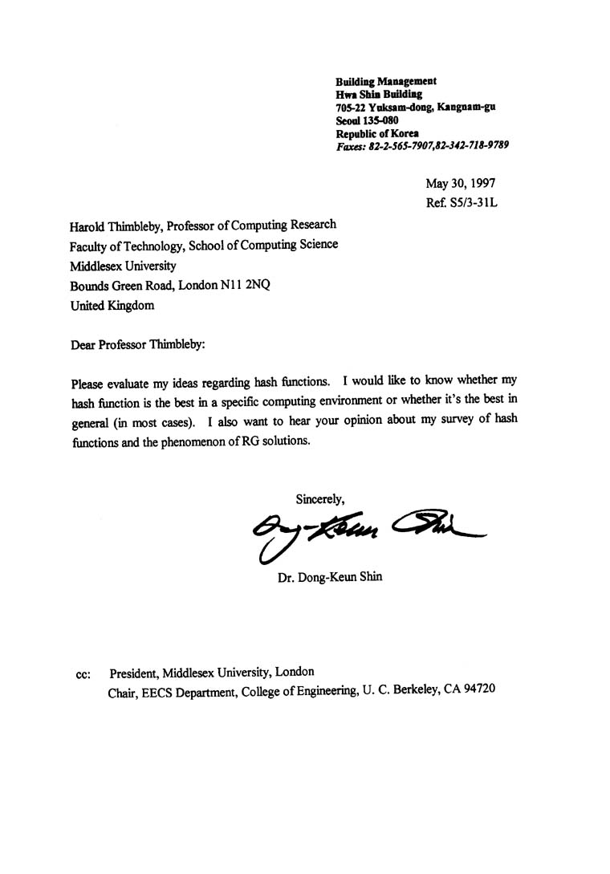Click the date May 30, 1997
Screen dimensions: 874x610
tap(460, 184)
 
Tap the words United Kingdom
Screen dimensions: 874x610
tap(112, 306)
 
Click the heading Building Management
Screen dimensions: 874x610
tap(386, 82)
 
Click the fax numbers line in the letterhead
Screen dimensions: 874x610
tap(421, 146)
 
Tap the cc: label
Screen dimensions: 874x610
tap(83, 676)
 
